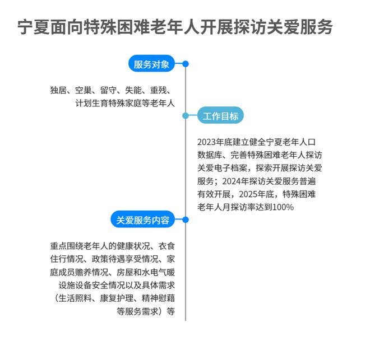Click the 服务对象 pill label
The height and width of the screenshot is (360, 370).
coord(151,64)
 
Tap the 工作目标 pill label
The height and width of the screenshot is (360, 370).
coord(220,116)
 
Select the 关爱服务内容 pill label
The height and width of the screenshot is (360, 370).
coord(143,220)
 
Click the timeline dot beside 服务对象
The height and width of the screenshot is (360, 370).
coord(186,64)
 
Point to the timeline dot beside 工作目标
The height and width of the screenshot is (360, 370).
coord(186,116)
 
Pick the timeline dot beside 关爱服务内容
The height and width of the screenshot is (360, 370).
coord(186,220)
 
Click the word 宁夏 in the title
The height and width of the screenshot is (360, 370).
coord(34,27)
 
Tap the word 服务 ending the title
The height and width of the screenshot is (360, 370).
coord(316,27)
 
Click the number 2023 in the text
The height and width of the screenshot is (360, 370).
coord(207,142)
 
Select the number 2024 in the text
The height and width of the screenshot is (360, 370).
coord(232,181)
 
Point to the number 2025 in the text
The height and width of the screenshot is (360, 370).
coord(248,194)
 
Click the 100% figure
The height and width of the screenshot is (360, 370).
coord(283,207)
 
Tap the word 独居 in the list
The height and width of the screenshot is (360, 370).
coord(58,90)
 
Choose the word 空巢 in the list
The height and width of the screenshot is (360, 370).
coord(84,90)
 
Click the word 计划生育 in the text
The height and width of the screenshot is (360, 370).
coord(92,103)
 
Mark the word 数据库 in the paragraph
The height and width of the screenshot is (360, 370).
coord(210,155)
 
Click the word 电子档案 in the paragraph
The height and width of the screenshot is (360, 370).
coord(231,168)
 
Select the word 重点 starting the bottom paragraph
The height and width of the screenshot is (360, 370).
coord(58,246)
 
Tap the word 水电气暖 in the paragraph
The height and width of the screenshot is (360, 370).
coord(158,272)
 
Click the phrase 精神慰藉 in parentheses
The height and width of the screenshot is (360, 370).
coord(158,298)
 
